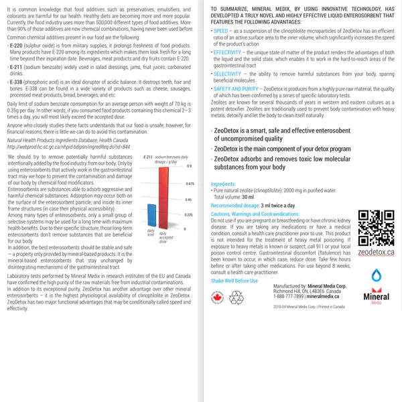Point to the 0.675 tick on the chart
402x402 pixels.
tap(190, 183)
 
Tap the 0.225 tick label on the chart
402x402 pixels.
tap(190, 214)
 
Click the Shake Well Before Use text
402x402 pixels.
tap(234, 280)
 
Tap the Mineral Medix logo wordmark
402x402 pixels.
tap(375, 295)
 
